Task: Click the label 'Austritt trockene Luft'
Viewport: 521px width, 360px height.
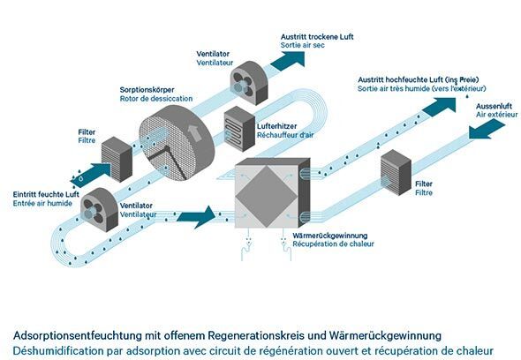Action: [317, 37]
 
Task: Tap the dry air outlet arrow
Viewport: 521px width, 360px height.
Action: [289, 61]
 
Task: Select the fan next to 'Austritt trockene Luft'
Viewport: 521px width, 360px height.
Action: [249, 83]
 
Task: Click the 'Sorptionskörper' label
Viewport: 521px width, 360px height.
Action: [147, 90]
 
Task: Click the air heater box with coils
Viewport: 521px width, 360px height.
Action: [239, 129]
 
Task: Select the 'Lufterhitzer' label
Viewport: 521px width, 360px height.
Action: [276, 126]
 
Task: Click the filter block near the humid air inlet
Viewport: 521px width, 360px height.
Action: [117, 159]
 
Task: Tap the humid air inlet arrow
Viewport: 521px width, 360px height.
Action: [91, 175]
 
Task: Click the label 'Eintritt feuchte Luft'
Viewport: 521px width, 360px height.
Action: [46, 194]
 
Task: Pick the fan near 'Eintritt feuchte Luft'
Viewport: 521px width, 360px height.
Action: [100, 210]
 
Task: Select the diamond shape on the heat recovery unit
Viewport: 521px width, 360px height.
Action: [268, 197]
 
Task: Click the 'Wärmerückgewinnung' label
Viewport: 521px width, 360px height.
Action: [330, 236]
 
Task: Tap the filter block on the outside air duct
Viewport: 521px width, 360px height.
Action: [396, 172]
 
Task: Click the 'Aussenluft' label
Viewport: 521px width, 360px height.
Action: [494, 106]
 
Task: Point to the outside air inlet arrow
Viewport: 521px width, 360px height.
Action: [487, 130]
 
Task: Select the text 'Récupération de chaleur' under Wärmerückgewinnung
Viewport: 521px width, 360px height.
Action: [333, 244]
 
